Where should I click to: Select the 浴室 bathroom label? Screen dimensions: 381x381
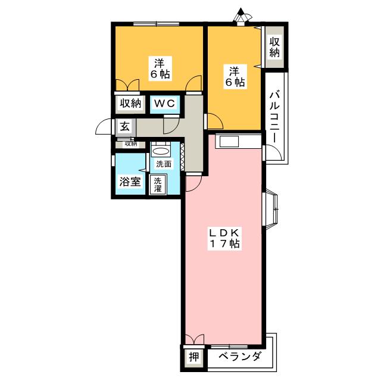coord(130,182)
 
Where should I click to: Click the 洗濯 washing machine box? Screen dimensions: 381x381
coord(158,184)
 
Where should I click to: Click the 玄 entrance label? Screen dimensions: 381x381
coord(124,126)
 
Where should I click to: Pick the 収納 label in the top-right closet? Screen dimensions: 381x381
coord(274,48)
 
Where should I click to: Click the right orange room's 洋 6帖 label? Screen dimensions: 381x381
coord(235,77)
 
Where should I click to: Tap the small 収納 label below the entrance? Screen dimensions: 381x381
coord(130,143)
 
